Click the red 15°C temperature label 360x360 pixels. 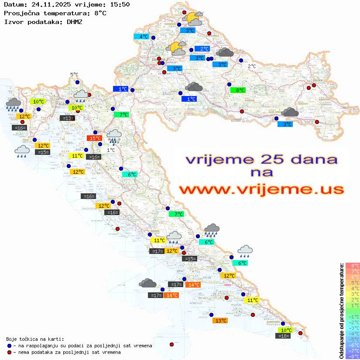click(x=94, y=138)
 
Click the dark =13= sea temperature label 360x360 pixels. click(x=67, y=118)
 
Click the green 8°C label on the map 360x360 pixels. click(x=238, y=90)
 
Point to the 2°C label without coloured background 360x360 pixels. click(x=252, y=66)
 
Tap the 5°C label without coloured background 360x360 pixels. click(x=74, y=75)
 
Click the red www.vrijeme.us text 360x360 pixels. click(x=261, y=190)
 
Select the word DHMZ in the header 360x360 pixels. click(x=74, y=21)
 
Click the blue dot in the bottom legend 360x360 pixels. click(x=9, y=346)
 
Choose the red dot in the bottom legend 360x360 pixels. click(x=9, y=352)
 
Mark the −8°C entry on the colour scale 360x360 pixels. click(x=353, y=356)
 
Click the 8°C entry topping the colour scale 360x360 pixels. click(x=353, y=265)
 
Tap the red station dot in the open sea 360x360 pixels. click(x=171, y=344)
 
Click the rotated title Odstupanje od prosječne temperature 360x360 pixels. click(x=341, y=311)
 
